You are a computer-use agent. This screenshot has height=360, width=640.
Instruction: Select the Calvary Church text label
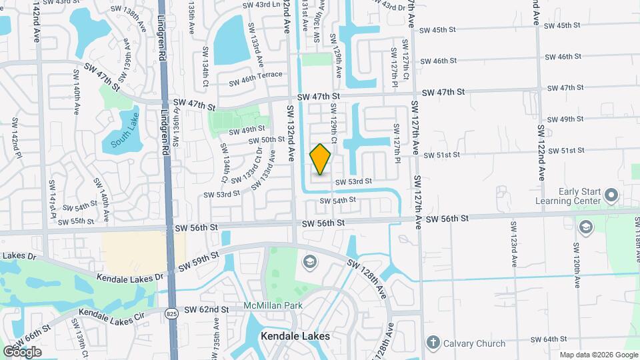[x=472, y=343]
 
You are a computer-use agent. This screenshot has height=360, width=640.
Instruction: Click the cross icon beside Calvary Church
[x=433, y=343]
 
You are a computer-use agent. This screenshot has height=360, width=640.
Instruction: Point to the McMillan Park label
[x=273, y=305]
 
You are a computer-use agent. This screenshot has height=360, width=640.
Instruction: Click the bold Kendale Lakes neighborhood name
[x=295, y=336]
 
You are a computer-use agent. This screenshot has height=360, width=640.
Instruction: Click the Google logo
[x=22, y=351]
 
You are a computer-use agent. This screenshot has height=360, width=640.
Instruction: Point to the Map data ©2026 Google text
[x=598, y=355]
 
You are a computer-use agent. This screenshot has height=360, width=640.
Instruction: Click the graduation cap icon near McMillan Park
[x=309, y=262]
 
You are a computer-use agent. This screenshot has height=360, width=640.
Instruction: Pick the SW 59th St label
[x=198, y=261]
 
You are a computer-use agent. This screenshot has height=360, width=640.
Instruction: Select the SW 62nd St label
[x=206, y=309]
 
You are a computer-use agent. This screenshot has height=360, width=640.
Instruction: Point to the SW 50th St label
[x=267, y=140]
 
